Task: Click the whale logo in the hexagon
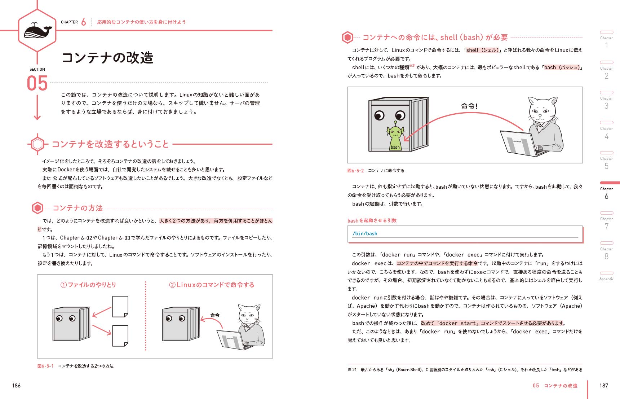pos(37,31)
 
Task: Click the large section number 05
pos(37,83)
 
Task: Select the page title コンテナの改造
pos(108,58)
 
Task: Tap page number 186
pos(17,385)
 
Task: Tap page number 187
pos(603,385)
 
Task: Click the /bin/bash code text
pos(365,233)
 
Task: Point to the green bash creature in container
pos(395,137)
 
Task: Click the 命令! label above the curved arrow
pos(469,106)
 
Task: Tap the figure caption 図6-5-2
pos(355,171)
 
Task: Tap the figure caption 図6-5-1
pos(45,366)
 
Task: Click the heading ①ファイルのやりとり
pos(88,285)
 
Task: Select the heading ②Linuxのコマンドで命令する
pos(212,285)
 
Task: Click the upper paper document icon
pos(120,306)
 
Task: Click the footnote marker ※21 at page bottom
pos(352,369)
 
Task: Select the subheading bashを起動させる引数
pos(372,220)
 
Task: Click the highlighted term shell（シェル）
pos(482,50)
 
